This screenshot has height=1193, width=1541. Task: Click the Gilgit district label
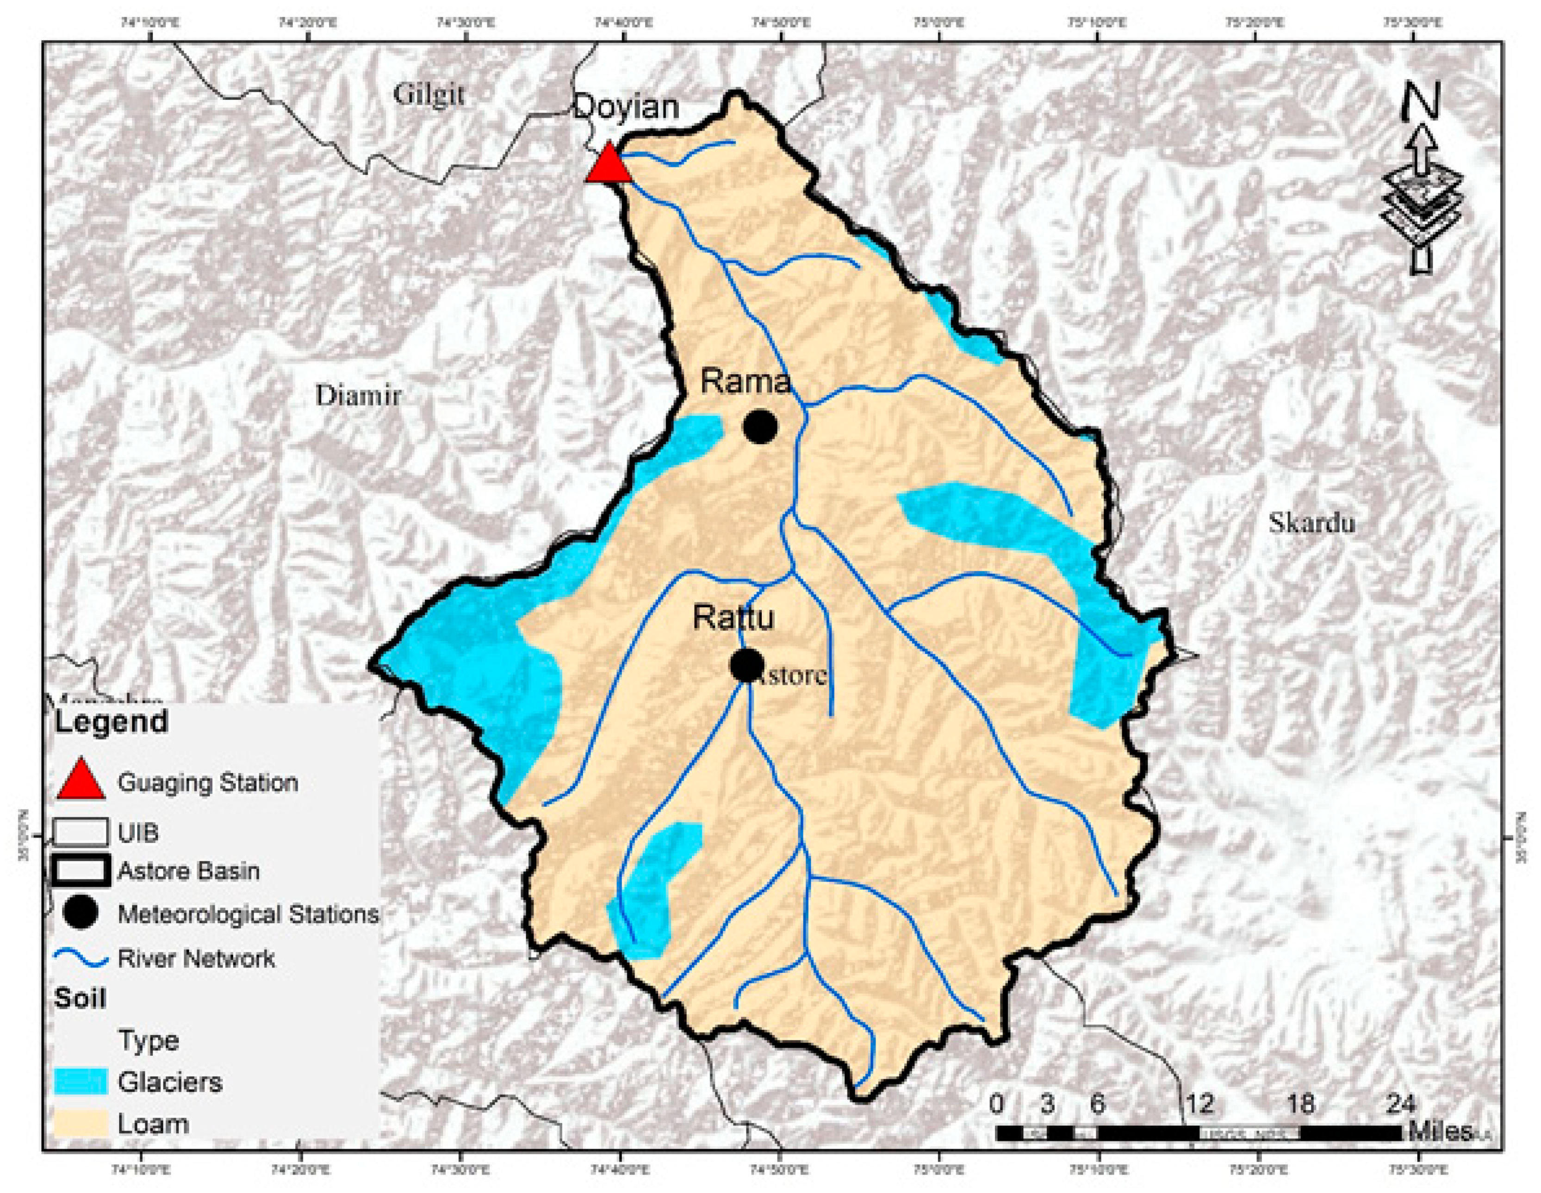coord(429,94)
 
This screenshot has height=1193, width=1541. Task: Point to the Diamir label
coord(359,396)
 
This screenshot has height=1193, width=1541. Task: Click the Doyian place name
coord(626,107)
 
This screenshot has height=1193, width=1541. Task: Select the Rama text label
coord(745,382)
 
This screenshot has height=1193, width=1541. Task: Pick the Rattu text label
coord(733,617)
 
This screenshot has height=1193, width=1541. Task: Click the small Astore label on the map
coord(792,675)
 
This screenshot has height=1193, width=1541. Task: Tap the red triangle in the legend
coord(81,779)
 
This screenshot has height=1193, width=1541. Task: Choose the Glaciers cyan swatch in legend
coord(81,1082)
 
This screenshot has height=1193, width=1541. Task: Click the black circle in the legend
coord(81,914)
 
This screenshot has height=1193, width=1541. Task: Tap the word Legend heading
coord(112,722)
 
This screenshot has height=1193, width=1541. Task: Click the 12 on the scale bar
coord(1199,1103)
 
